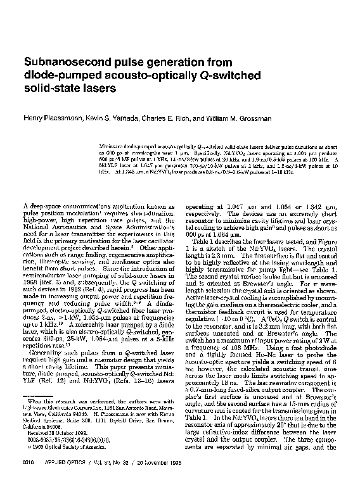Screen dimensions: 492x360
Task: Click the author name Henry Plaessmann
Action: pos(54,118)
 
